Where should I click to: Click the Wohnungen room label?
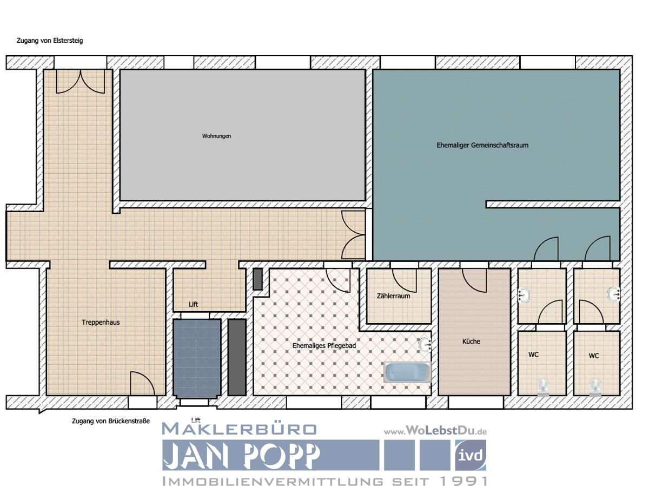point(216,136)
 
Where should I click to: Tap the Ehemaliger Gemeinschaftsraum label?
point(482,145)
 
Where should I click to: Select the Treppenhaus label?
point(101,322)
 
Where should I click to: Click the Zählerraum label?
point(393,296)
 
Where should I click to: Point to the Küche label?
point(471,341)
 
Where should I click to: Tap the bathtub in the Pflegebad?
point(407,372)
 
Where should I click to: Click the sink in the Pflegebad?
point(425,344)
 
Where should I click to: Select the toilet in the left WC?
point(543,386)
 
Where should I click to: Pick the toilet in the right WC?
point(596,386)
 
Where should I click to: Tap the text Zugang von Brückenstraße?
point(110,421)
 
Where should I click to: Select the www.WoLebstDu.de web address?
point(436,431)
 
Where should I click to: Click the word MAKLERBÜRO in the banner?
point(239,429)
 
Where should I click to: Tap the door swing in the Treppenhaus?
point(142,384)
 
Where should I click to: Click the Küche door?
point(474,279)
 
